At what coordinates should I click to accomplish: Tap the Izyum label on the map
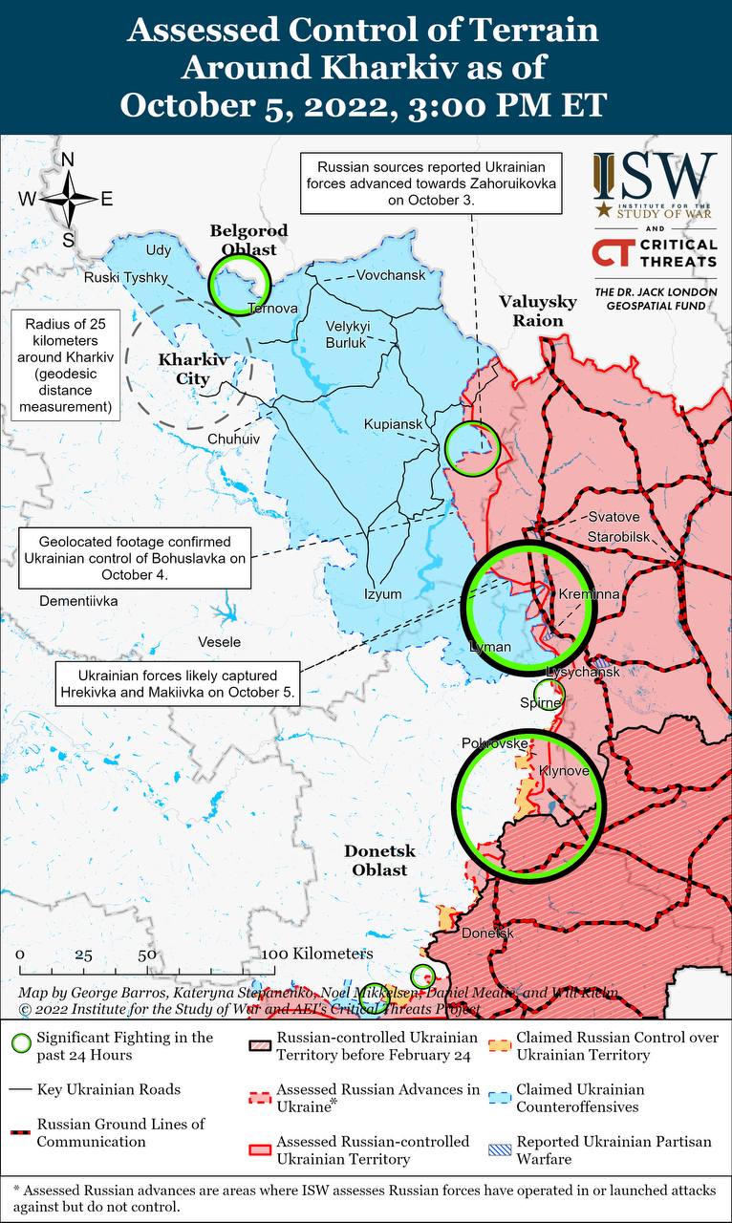pyautogui.click(x=382, y=593)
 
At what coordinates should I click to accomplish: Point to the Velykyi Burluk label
pyautogui.click(x=347, y=333)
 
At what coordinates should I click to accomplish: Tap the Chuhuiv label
pyautogui.click(x=233, y=439)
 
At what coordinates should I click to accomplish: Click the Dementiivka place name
pyautogui.click(x=78, y=601)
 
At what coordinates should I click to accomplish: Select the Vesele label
pyautogui.click(x=219, y=641)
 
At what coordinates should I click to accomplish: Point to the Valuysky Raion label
pyautogui.click(x=538, y=311)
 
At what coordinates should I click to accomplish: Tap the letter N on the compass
pyautogui.click(x=68, y=160)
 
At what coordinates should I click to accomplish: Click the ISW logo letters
pyautogui.click(x=655, y=174)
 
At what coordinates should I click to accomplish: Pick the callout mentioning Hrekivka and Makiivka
pyautogui.click(x=177, y=681)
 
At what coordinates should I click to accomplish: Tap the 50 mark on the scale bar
pyautogui.click(x=146, y=955)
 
